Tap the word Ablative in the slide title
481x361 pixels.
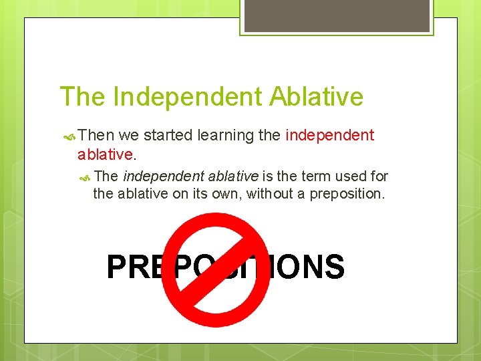click(317, 97)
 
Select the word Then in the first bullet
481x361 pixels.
click(96, 136)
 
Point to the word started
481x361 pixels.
click(168, 136)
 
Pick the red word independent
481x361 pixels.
click(329, 136)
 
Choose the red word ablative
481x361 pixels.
click(106, 154)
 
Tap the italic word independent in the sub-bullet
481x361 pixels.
click(164, 176)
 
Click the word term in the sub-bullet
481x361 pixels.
click(315, 176)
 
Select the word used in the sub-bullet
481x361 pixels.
click(351, 176)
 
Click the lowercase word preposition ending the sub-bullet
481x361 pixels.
click(346, 195)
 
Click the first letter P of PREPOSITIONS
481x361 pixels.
click(116, 267)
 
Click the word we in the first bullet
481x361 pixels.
click(130, 136)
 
